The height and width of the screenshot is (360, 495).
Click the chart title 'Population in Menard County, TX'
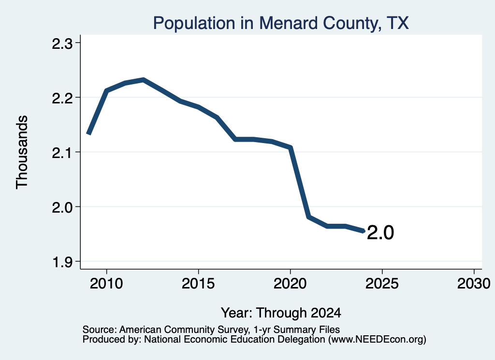[x=281, y=23]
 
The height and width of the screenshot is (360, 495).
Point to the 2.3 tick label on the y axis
[x=62, y=43]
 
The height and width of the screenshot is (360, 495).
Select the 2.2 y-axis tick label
[x=62, y=98]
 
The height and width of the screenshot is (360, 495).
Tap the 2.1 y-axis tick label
[x=62, y=153]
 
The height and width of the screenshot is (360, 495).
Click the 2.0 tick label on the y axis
[x=62, y=207]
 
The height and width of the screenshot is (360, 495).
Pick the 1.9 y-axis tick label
[x=62, y=262]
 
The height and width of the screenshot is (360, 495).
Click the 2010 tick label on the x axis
[x=106, y=283]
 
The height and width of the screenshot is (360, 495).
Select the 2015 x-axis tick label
[x=198, y=283]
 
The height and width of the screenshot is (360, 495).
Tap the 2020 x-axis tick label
[x=290, y=283]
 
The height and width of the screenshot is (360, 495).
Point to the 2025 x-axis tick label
[x=382, y=283]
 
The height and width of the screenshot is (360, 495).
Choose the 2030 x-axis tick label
[x=474, y=283]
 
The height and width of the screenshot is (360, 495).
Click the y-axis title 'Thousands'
[x=22, y=152]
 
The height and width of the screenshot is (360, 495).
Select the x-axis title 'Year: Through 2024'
[x=281, y=313]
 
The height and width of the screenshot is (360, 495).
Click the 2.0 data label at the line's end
[x=380, y=233]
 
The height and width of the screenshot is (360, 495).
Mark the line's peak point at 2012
[x=143, y=80]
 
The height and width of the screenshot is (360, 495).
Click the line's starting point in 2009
[x=88, y=134]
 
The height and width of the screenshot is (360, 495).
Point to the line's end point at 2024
[x=364, y=231]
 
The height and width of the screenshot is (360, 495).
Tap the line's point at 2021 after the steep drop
[x=309, y=217]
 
